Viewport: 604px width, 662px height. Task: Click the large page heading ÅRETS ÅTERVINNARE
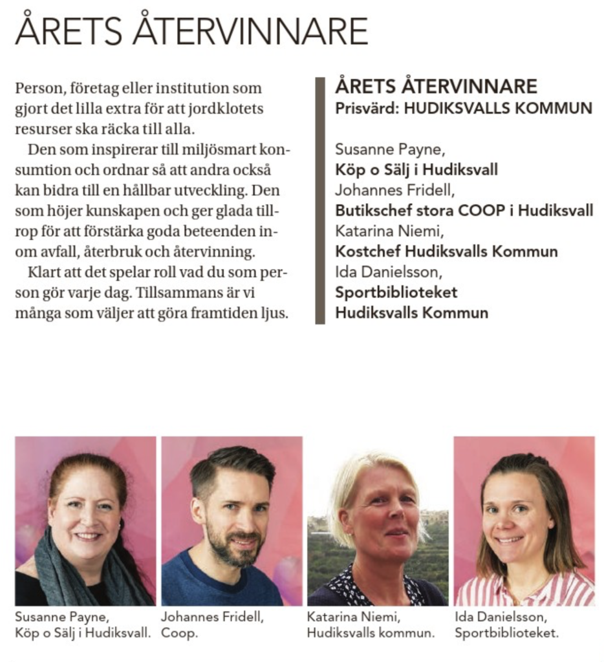[x=191, y=30]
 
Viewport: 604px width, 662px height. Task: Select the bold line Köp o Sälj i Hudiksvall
[x=416, y=170]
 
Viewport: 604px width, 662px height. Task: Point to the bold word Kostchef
[x=362, y=251]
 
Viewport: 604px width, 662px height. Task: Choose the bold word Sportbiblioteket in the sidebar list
[x=396, y=292]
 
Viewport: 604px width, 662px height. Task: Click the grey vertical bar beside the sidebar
[x=319, y=200]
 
